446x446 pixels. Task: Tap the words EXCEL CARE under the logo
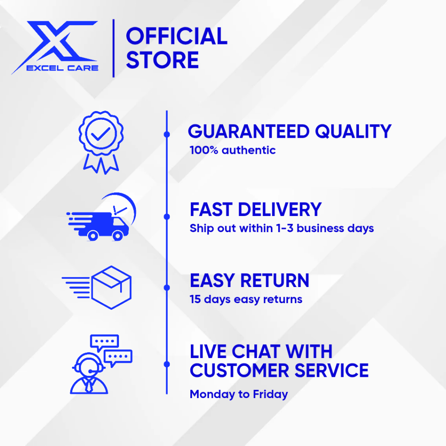click(62, 68)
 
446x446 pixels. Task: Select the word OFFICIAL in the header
click(177, 36)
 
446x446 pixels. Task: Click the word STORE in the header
click(162, 60)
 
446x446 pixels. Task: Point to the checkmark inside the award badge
click(101, 134)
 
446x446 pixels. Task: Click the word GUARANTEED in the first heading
click(249, 132)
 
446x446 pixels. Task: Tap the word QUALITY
click(353, 132)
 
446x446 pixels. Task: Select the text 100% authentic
click(233, 150)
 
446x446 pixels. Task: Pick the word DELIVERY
click(280, 209)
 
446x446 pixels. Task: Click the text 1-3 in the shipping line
click(285, 228)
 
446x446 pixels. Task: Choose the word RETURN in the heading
click(275, 281)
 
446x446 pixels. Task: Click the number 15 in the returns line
click(195, 299)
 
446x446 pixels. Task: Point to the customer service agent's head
click(88, 365)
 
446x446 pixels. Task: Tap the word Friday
click(270, 395)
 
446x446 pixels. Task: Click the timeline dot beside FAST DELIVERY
click(167, 217)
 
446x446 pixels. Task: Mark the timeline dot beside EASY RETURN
click(167, 287)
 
